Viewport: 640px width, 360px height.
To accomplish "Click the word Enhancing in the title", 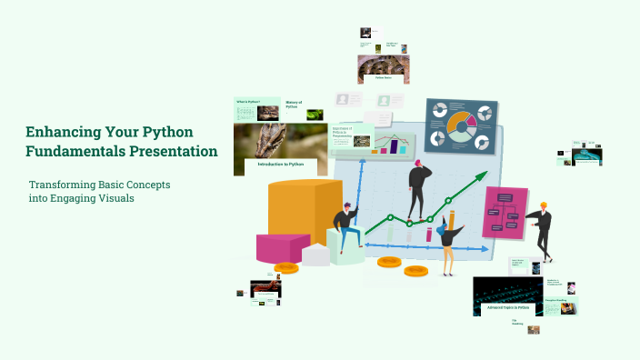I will tap(61, 132).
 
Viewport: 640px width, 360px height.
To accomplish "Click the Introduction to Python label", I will tap(280, 165).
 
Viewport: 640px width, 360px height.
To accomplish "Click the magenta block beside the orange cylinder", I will tap(283, 247).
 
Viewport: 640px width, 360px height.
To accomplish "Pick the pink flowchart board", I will tap(505, 213).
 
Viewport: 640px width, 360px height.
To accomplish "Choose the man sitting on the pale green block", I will tap(345, 229).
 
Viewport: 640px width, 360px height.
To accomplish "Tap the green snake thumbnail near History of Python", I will tap(315, 115).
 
